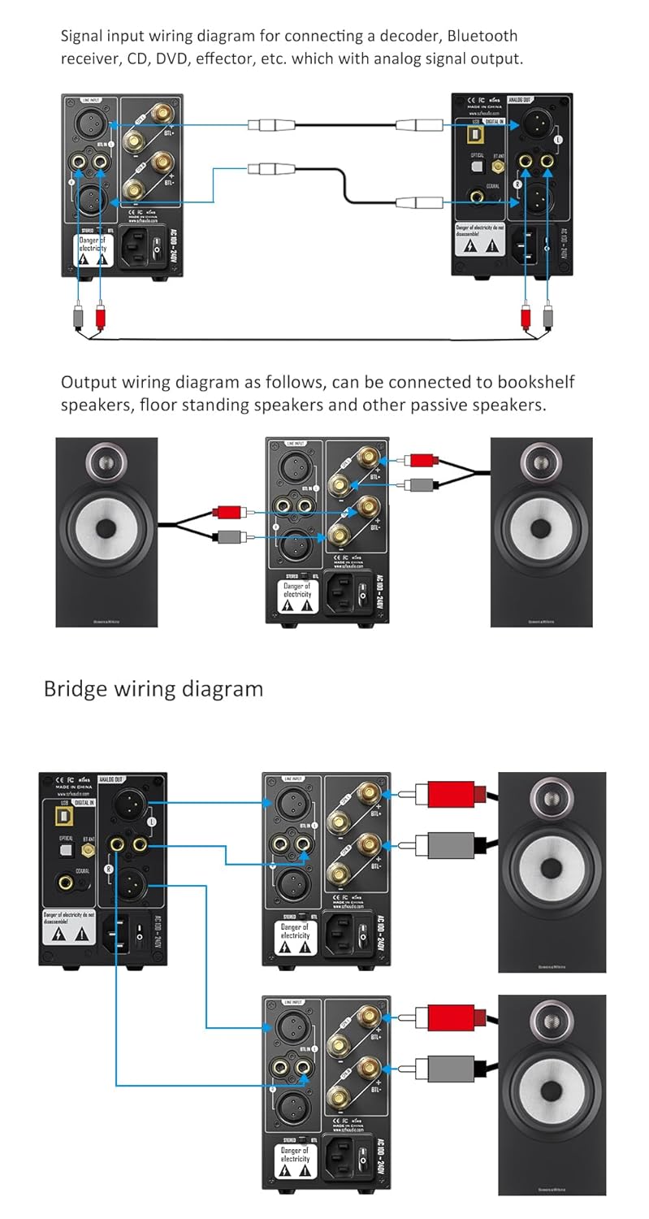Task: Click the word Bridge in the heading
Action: click(76, 689)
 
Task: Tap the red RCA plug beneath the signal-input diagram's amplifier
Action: click(100, 315)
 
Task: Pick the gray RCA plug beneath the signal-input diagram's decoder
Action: click(547, 315)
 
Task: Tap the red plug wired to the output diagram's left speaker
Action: click(227, 513)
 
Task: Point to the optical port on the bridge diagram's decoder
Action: click(65, 849)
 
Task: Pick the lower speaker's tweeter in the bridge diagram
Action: click(552, 1021)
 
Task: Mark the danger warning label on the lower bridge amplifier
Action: click(295, 1160)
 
